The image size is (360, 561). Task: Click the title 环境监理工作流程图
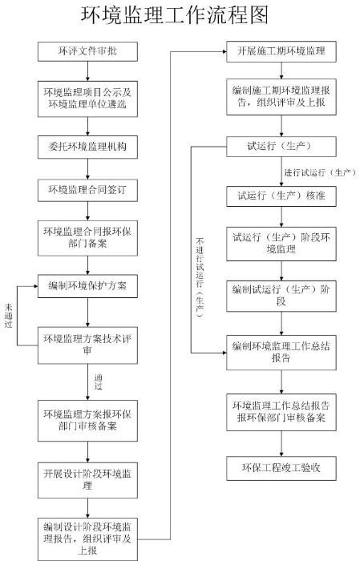pyautogui.click(x=174, y=15)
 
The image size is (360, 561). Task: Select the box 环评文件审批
pyautogui.click(x=87, y=51)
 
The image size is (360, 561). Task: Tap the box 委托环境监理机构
pyautogui.click(x=87, y=147)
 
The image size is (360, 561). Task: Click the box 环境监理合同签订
pyautogui.click(x=87, y=190)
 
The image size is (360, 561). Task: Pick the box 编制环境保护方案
pyautogui.click(x=87, y=286)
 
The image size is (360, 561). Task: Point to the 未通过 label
pyautogui.click(x=9, y=316)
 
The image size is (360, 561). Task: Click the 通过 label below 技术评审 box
pyautogui.click(x=99, y=381)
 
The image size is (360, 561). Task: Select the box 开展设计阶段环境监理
pyautogui.click(x=87, y=480)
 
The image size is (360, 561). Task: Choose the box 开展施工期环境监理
pyautogui.click(x=281, y=51)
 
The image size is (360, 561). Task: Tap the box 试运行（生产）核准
pyautogui.click(x=281, y=196)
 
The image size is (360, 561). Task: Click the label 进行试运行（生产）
pyautogui.click(x=320, y=173)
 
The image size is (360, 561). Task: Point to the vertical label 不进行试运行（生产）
pyautogui.click(x=200, y=277)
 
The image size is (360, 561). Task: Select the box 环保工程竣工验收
pyautogui.click(x=281, y=468)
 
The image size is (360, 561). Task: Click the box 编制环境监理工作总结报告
pyautogui.click(x=281, y=353)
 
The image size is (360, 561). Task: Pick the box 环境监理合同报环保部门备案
pyautogui.click(x=87, y=238)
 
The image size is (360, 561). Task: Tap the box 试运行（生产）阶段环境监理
pyautogui.click(x=281, y=244)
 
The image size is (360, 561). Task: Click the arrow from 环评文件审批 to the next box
pyautogui.click(x=87, y=71)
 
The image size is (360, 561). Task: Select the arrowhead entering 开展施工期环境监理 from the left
pyautogui.click(x=224, y=51)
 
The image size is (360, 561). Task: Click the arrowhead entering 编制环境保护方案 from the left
pyautogui.click(x=35, y=286)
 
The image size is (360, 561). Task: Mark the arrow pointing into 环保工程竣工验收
pyautogui.click(x=281, y=443)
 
